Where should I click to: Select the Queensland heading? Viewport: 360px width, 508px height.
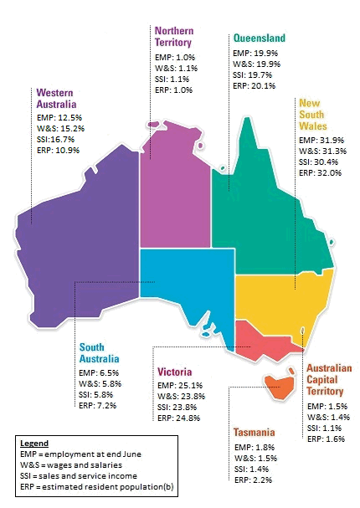pos(259,38)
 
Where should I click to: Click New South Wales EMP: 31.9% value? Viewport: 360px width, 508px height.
pos(321,140)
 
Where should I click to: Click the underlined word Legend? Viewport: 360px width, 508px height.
pos(34,443)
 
